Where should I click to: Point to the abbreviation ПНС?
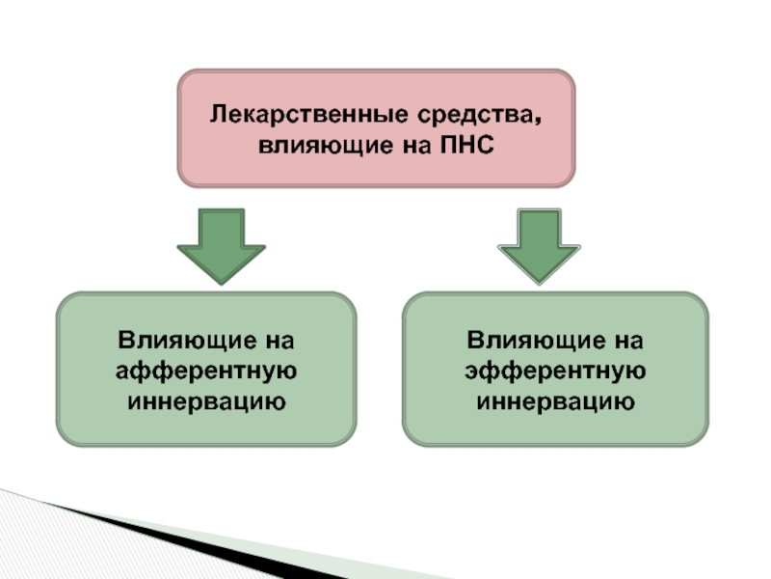466,145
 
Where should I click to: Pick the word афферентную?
206,371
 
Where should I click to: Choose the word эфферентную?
556,371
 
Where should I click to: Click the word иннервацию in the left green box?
206,401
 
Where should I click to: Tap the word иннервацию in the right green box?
556,401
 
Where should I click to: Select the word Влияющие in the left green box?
187,341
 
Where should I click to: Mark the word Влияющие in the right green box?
536,341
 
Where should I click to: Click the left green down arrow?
222,246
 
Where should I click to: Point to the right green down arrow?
539,246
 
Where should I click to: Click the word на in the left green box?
279,342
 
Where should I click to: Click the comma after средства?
538,120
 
